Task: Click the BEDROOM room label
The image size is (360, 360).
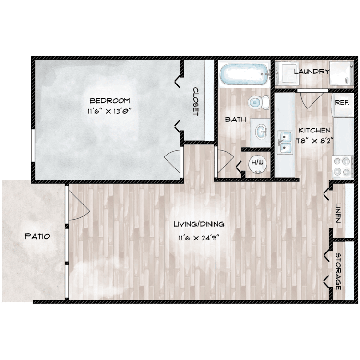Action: click(x=110, y=100)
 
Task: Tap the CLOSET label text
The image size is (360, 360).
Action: click(x=196, y=101)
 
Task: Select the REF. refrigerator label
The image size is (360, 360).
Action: click(x=341, y=103)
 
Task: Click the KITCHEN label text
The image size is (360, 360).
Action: click(x=314, y=130)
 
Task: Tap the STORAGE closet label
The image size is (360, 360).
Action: click(x=338, y=271)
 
